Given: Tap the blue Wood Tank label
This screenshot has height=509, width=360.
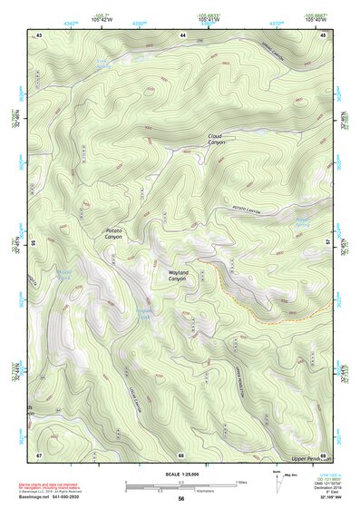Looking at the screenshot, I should [64, 272].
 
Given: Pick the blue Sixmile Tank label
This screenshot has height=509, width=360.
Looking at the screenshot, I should [147, 313].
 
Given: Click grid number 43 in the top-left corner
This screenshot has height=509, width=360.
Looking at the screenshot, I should [39, 34].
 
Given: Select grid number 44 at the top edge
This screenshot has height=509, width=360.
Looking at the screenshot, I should [183, 34].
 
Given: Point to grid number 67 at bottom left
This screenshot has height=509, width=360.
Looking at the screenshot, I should [39, 454].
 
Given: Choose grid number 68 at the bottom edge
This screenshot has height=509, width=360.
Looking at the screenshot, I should [181, 454].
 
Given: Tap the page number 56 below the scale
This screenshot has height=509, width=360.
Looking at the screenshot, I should [181, 498].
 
